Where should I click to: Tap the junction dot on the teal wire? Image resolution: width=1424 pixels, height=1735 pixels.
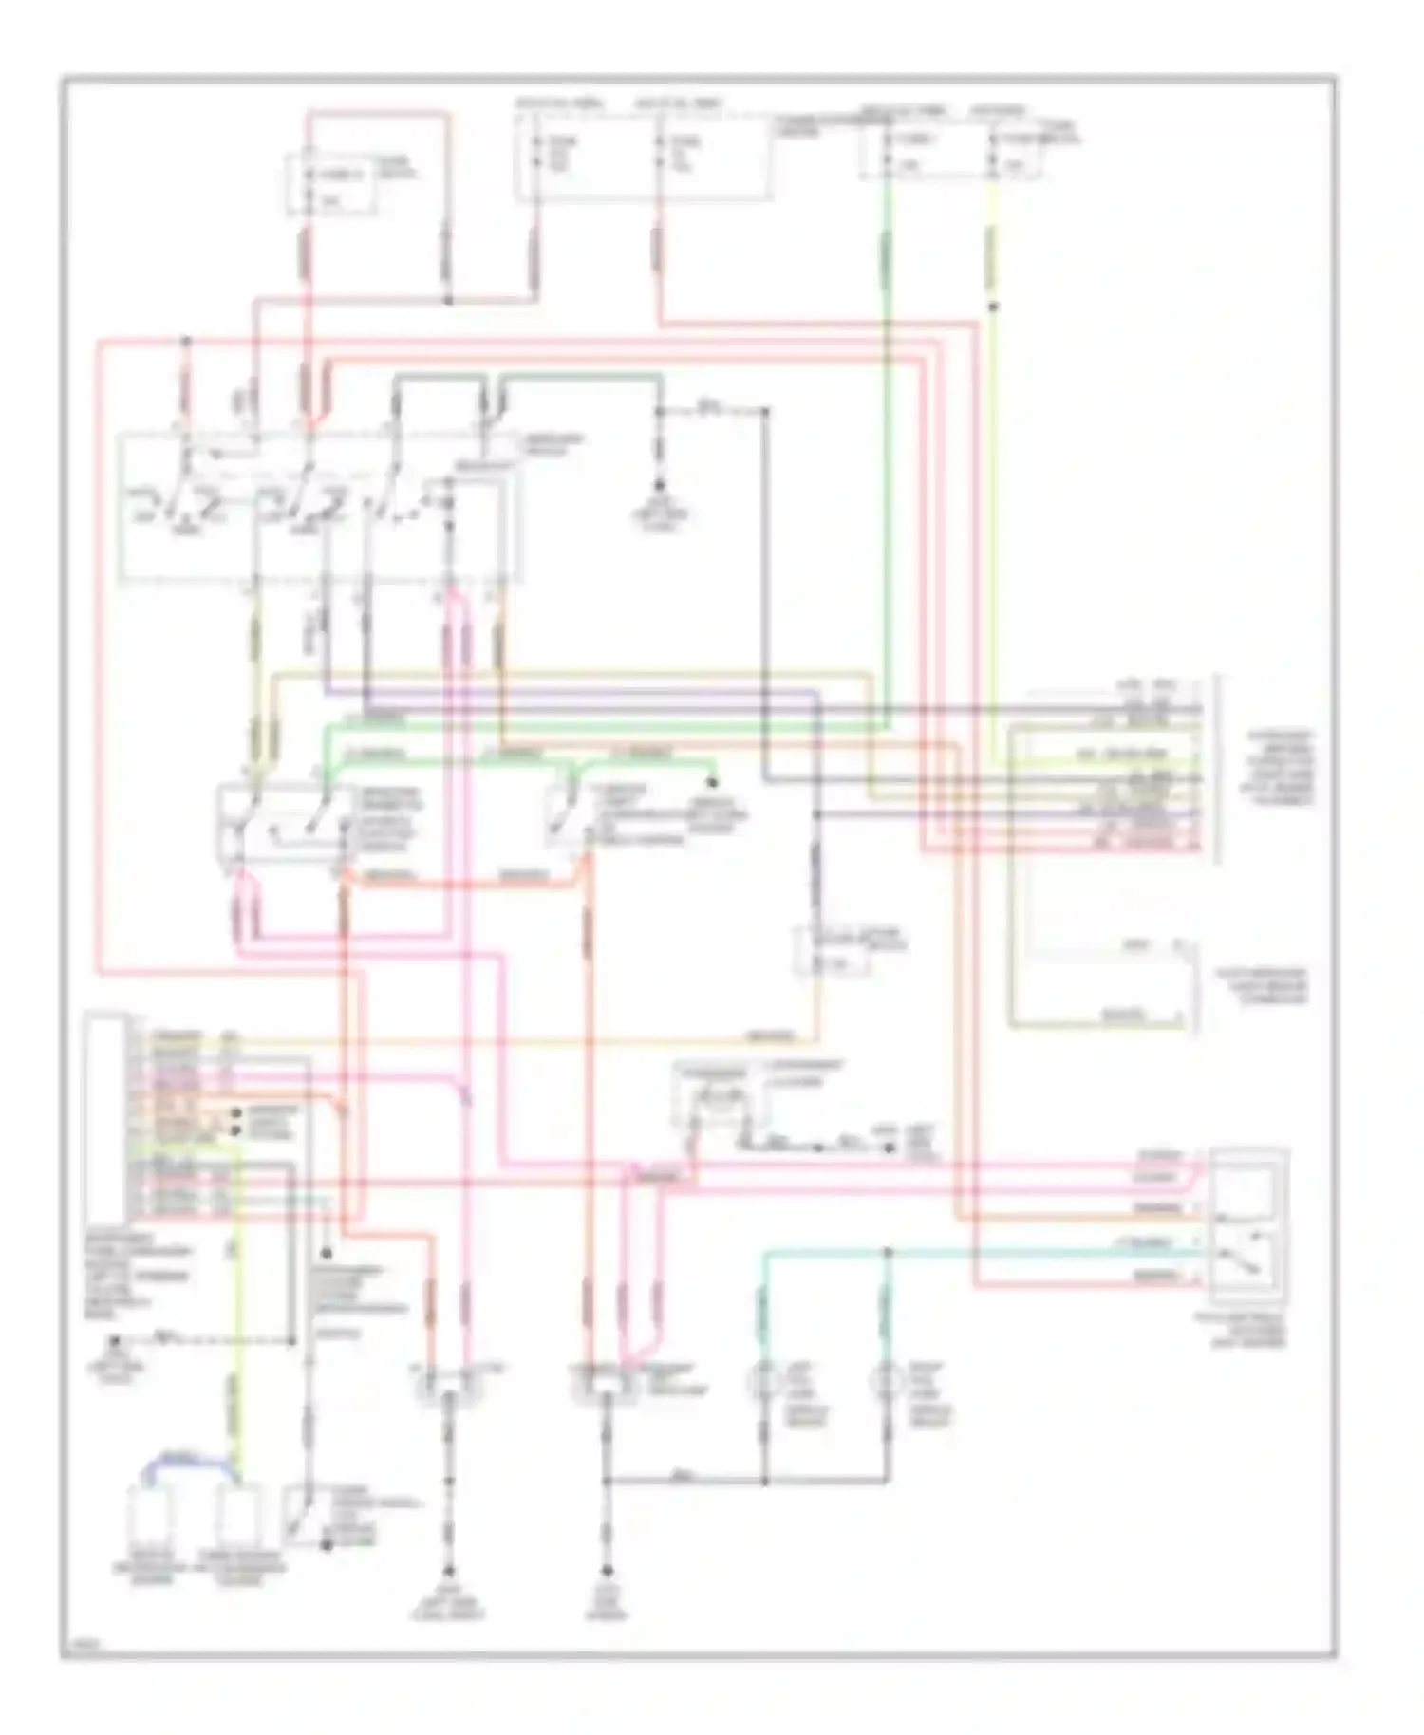coord(888,1252)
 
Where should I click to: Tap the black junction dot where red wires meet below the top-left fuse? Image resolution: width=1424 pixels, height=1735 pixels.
coord(448,301)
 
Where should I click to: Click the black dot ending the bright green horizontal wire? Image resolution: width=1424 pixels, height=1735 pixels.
coord(712,782)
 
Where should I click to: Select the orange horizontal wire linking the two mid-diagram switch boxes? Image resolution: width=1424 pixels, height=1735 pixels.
coord(460,884)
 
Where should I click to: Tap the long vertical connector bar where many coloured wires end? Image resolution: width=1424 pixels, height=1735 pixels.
coord(1200,764)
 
